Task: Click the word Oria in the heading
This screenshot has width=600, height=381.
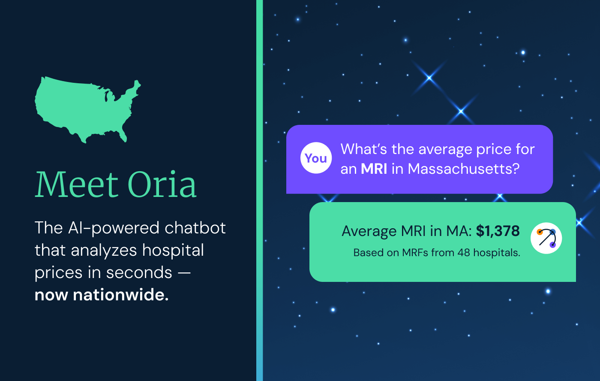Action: click(162, 184)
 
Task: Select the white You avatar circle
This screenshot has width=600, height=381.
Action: click(316, 158)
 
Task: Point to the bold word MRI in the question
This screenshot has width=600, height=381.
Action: click(374, 169)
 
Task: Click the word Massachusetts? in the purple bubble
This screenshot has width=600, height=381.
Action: click(464, 169)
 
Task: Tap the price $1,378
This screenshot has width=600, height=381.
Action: click(498, 231)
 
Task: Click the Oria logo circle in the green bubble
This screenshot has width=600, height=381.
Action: click(546, 238)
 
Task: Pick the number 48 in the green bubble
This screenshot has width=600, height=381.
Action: click(464, 253)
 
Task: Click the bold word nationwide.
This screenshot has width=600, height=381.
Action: click(121, 295)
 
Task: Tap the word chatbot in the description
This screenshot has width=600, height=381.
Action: click(195, 228)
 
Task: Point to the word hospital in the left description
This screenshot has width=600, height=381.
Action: click(173, 251)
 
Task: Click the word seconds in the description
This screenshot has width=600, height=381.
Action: click(139, 273)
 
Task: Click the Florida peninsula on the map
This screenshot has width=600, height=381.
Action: click(123, 136)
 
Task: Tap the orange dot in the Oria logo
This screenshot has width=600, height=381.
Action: click(540, 232)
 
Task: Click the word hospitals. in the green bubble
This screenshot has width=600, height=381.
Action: click(497, 253)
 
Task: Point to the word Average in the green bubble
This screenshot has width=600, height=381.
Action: click(369, 231)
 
